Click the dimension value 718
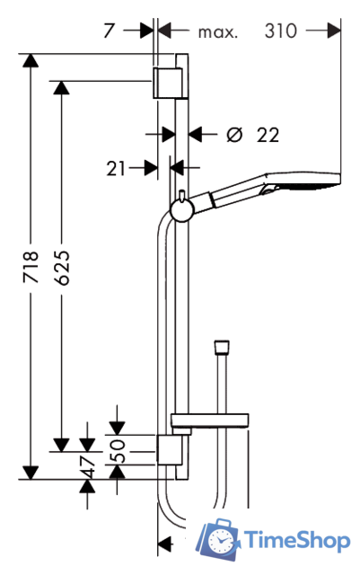click(31, 267)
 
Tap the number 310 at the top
click(280, 31)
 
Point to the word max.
click(218, 32)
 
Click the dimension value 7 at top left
click(109, 31)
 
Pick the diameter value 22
click(268, 135)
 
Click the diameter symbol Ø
click(234, 135)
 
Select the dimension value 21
click(116, 169)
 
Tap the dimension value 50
click(118, 450)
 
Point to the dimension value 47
click(88, 467)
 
